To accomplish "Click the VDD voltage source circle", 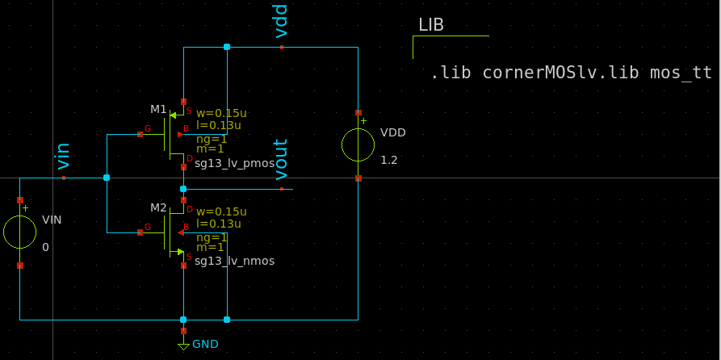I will [x=358, y=145].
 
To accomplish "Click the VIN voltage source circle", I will [x=20, y=232].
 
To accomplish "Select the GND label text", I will [x=205, y=344].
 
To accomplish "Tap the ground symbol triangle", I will [x=183, y=346].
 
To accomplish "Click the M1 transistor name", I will [x=158, y=109].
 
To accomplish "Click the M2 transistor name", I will [x=158, y=207].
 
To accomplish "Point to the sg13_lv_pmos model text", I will [x=234, y=164].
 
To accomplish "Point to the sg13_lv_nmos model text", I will [x=234, y=261].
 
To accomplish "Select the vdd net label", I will [x=281, y=21].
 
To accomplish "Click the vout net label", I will [x=281, y=159].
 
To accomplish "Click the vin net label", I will [x=63, y=156].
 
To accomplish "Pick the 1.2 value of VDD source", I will [x=389, y=160].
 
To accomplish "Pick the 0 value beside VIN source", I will [x=45, y=247].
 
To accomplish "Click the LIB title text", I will [x=431, y=25].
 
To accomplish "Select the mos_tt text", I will [x=681, y=73].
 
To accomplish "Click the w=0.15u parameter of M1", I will [x=221, y=113].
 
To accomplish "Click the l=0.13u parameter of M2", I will [x=218, y=224].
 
